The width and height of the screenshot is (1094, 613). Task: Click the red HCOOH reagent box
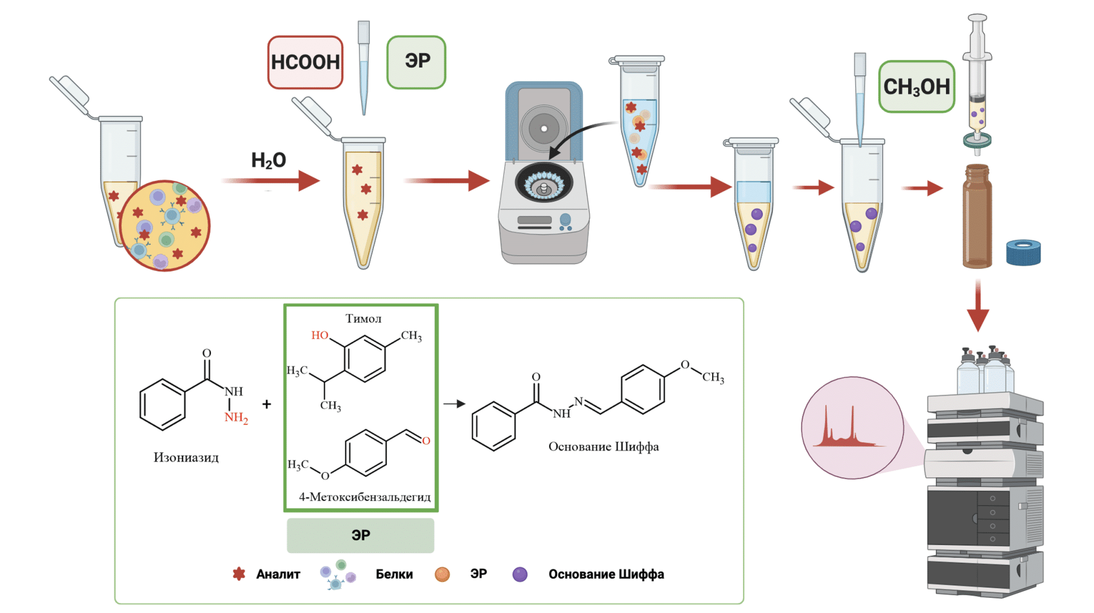(x=305, y=62)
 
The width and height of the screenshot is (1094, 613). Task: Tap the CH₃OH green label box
(x=916, y=87)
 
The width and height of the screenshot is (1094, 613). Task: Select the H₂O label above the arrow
(x=269, y=160)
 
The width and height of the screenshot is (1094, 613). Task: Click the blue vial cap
(x=1023, y=253)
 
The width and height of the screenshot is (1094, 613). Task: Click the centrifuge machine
(x=544, y=176)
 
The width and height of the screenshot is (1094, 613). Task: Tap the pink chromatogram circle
(x=852, y=427)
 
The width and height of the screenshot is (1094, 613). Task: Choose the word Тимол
(x=363, y=319)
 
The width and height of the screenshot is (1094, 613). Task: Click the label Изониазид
(x=186, y=457)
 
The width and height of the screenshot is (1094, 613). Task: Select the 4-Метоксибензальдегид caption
(x=365, y=497)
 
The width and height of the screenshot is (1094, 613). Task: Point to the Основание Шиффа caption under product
(x=603, y=446)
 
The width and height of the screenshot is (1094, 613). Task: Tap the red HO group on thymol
(x=319, y=335)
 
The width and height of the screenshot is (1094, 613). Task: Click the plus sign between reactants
(x=267, y=404)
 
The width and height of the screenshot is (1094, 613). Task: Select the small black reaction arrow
(x=454, y=404)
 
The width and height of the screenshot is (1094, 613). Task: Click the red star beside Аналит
(x=239, y=574)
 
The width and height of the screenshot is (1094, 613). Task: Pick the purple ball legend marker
(x=520, y=575)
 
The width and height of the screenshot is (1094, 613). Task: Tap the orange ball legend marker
(x=442, y=575)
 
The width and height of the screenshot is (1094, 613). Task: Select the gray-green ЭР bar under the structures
(x=361, y=535)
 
